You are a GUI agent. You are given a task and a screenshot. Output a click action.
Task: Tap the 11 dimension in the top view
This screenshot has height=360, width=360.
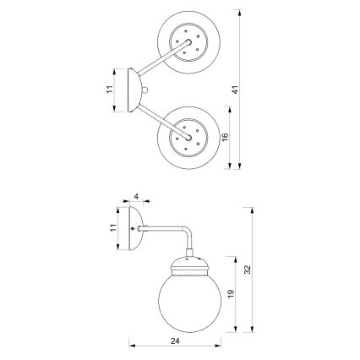click(111, 88)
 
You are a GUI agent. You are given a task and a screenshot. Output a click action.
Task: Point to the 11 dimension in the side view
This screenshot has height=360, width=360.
click(112, 229)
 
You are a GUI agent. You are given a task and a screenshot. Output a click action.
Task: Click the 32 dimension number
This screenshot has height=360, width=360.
click(248, 270)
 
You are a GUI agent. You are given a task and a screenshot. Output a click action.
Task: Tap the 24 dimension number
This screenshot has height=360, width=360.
click(175, 342)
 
